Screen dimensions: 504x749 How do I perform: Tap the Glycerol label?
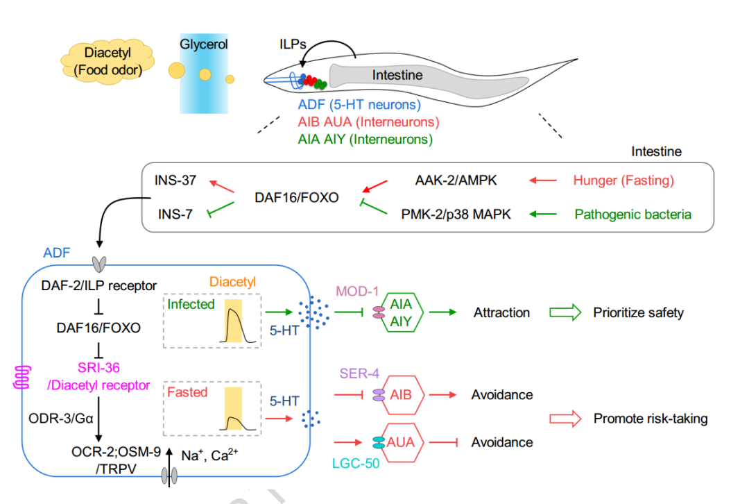(204, 44)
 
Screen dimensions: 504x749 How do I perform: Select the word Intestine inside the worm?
(397, 75)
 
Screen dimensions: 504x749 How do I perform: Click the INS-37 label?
(175, 181)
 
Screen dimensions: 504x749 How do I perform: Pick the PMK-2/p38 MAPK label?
(456, 215)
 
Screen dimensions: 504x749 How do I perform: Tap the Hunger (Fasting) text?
(623, 181)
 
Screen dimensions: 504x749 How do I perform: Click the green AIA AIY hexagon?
(402, 313)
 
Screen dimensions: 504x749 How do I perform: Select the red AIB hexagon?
(402, 394)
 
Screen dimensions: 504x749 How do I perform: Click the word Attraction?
(501, 313)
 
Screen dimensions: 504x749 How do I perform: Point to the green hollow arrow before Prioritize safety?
(566, 313)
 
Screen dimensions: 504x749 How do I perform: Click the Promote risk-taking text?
(651, 419)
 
